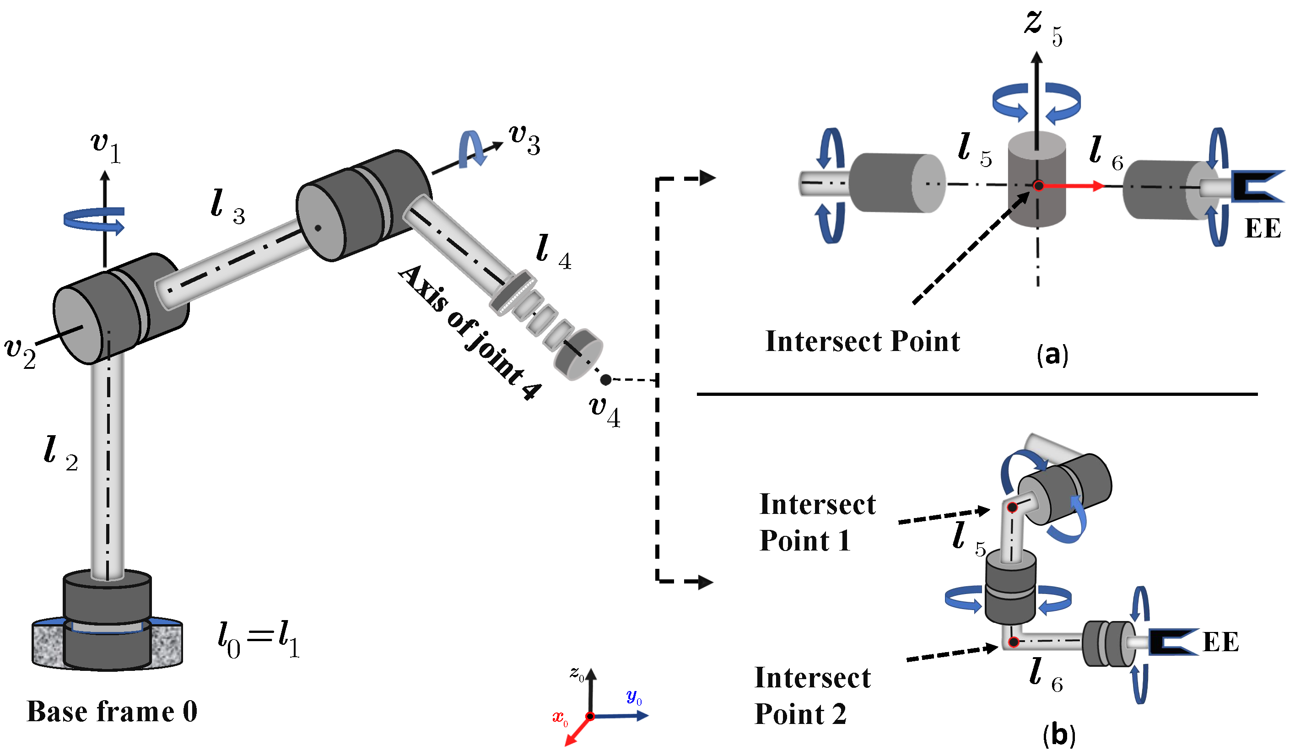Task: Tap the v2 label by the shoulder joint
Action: [x=21, y=353]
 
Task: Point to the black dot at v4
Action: [x=606, y=380]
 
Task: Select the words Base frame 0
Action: [x=112, y=712]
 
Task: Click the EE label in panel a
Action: [x=1263, y=228]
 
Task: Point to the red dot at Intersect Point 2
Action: [x=1014, y=642]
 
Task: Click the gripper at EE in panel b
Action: [x=1171, y=642]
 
